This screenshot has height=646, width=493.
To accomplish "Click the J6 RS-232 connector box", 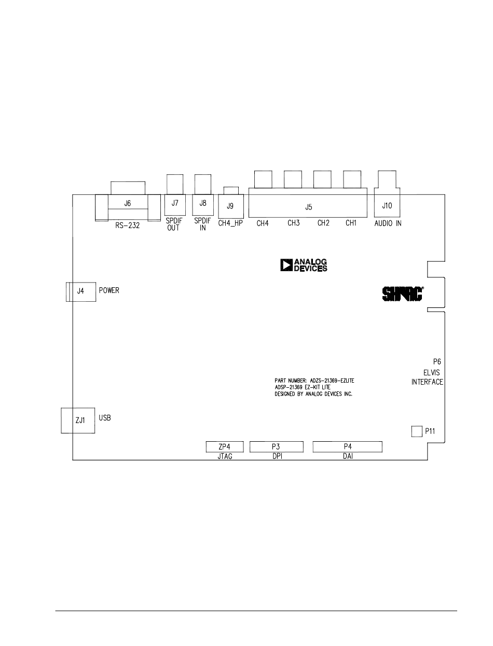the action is [128, 204].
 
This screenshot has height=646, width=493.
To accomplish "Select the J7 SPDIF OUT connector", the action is [174, 203].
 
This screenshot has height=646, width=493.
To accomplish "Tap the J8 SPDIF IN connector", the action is [203, 203].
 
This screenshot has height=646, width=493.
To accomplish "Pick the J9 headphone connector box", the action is [230, 206].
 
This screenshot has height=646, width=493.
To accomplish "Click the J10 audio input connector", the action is [387, 205].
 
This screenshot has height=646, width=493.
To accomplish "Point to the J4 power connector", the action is [80, 291].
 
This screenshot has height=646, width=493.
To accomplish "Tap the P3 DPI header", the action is [276, 446].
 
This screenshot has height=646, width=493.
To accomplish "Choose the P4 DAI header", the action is [347, 446].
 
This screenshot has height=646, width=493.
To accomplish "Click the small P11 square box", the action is [417, 431].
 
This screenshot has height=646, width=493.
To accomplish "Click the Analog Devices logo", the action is [304, 265].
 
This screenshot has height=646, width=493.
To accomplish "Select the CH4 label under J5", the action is [262, 224].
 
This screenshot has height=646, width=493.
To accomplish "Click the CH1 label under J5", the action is [352, 224].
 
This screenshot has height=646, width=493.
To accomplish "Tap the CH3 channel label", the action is [294, 224].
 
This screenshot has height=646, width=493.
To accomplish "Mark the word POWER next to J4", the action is [109, 290].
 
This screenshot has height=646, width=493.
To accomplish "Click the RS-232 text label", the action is [128, 226].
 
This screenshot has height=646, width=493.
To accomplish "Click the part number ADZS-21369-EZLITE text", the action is [314, 381].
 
